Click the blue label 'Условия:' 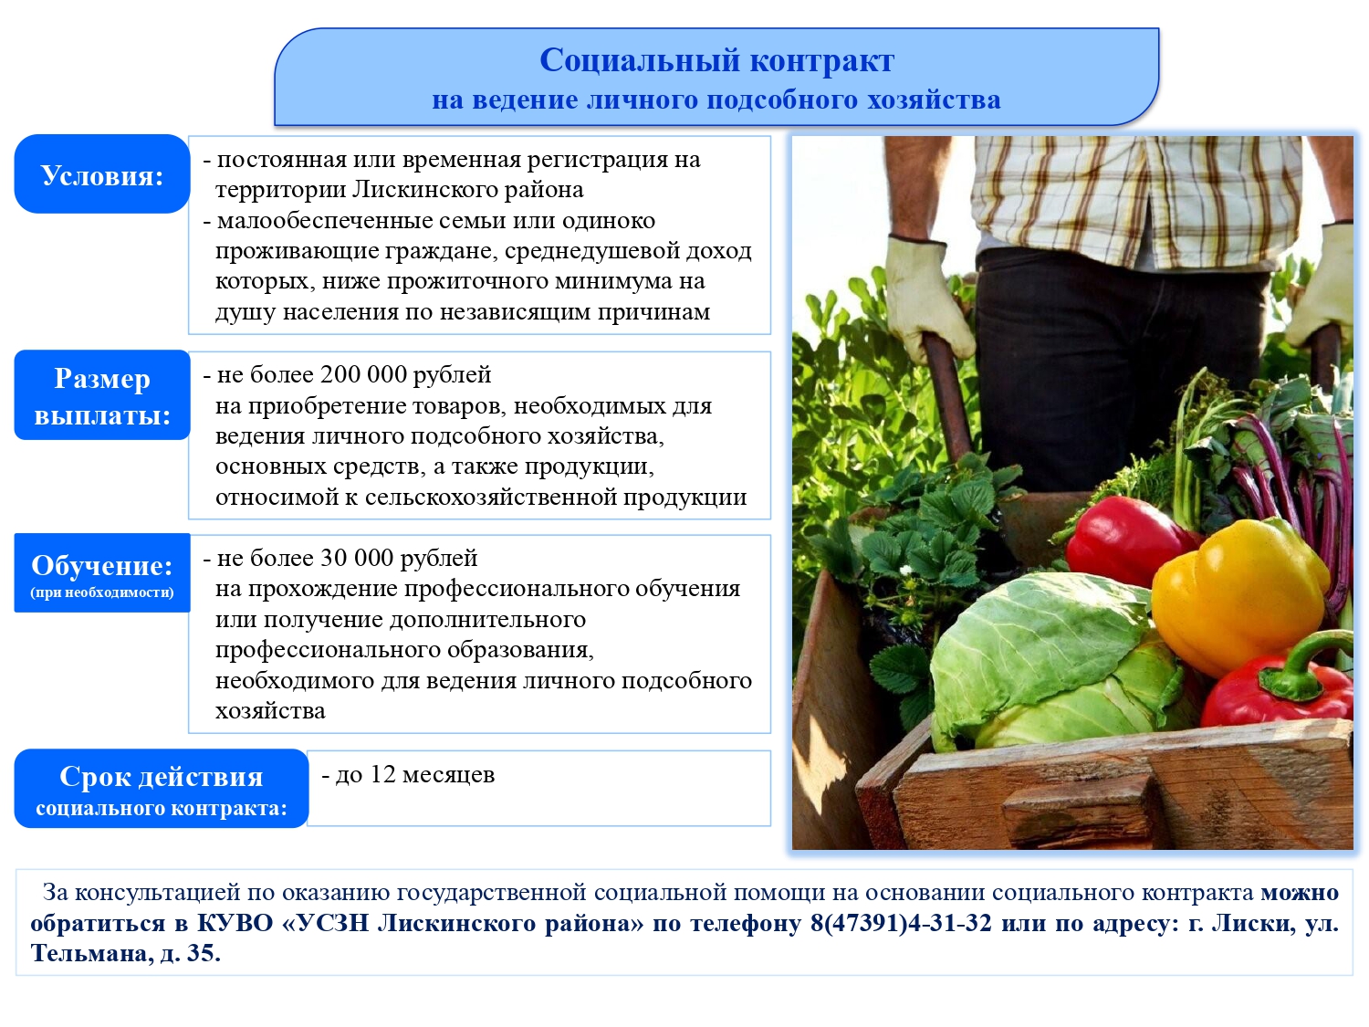click(101, 174)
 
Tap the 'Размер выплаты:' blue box click(101, 394)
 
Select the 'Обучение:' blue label click(101, 572)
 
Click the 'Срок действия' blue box click(161, 788)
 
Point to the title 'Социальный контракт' click(716, 60)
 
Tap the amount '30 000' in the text click(356, 558)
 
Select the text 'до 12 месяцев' click(414, 774)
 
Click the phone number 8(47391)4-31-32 click(901, 922)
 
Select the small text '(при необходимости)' click(101, 592)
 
